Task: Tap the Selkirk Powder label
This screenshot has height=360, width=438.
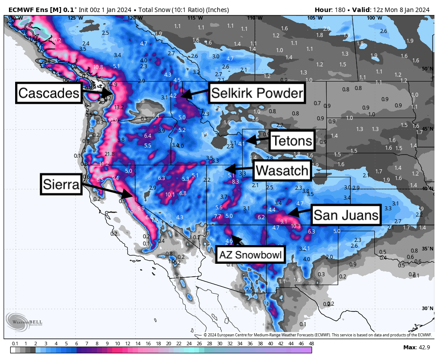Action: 257,93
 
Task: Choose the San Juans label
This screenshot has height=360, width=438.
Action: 346,216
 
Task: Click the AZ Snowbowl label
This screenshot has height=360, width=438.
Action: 250,255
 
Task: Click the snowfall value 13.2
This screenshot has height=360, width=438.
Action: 119,107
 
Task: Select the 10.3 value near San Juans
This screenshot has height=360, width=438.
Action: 296,226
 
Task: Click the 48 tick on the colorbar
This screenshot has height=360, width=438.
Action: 311,344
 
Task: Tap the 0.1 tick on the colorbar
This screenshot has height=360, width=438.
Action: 15,344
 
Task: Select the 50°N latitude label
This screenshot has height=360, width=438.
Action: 427,69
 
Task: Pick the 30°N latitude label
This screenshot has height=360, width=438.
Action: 427,308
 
